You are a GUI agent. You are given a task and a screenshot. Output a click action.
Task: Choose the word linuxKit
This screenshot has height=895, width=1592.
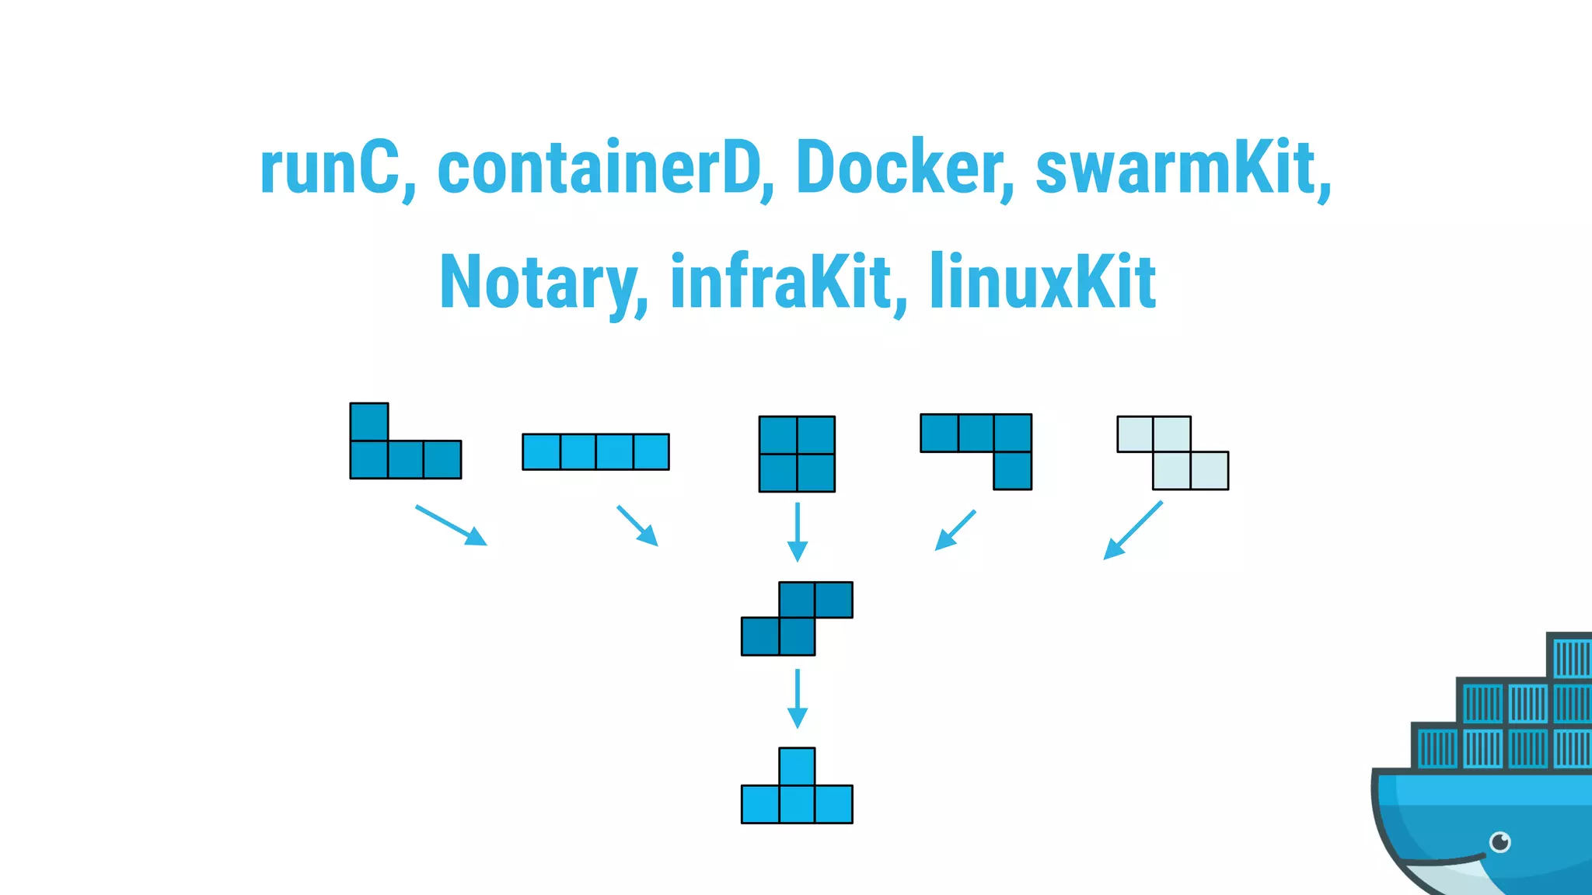[x=1042, y=283]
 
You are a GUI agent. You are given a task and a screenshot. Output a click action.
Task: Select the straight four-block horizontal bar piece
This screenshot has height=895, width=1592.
[x=595, y=451]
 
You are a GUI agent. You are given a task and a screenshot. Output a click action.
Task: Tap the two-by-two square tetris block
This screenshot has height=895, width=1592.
[x=797, y=454]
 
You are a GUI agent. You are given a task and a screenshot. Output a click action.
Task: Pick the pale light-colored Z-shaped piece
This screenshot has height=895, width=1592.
[x=1172, y=453]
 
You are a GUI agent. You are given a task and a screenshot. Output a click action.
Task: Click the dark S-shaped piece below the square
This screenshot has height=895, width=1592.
[x=797, y=618]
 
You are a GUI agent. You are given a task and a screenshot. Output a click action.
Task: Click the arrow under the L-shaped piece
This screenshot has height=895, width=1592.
[x=451, y=525]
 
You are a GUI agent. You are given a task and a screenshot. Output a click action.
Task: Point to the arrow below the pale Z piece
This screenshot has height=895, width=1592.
[x=1133, y=531]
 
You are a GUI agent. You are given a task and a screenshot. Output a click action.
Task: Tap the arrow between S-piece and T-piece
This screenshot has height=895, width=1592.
[x=797, y=698]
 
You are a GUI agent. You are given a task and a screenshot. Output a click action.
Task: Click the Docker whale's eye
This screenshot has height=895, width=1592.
[x=1499, y=841]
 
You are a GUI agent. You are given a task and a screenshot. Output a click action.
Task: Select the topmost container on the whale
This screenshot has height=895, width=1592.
[x=1570, y=657]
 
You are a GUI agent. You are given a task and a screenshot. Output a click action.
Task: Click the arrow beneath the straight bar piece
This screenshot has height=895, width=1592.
[x=637, y=526]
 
